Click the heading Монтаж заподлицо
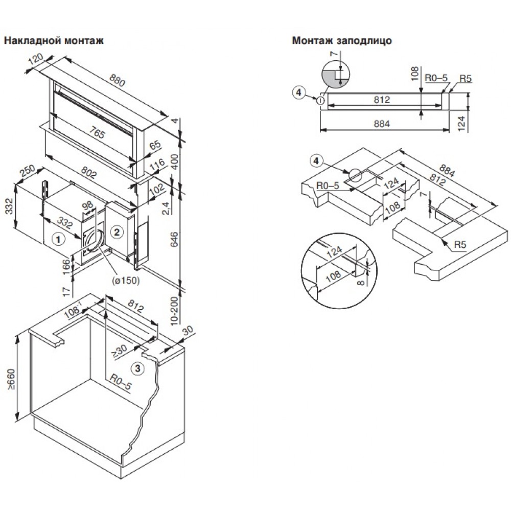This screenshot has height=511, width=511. point(342,41)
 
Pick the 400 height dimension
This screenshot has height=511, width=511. point(176,162)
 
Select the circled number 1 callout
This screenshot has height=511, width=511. point(59,238)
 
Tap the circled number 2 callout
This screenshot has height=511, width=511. point(117,233)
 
